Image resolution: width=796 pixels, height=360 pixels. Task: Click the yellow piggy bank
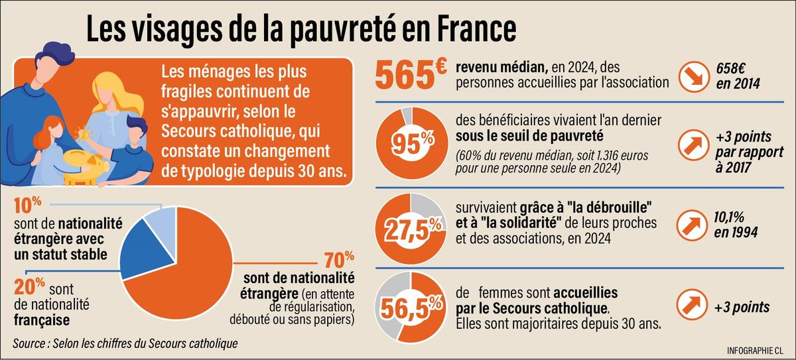(x=86, y=162)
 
